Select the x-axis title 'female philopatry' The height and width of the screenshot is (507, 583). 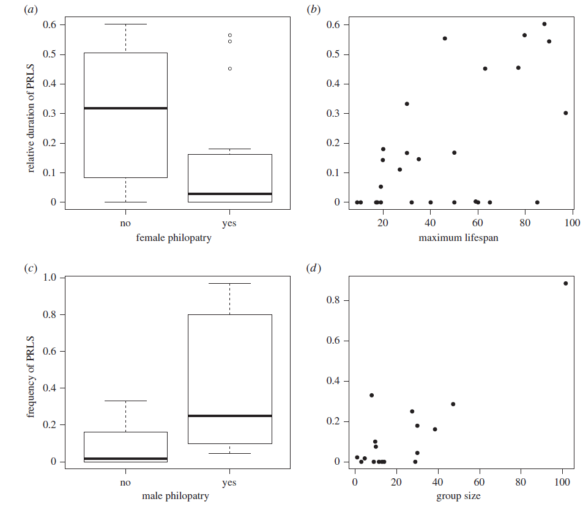point(174,238)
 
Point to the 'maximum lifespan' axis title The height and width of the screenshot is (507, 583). point(458,238)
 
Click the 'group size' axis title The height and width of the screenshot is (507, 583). point(458,496)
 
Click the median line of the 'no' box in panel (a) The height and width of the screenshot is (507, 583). point(125,108)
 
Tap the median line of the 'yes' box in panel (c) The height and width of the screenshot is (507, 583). point(229,416)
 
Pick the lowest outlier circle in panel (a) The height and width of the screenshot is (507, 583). point(230,68)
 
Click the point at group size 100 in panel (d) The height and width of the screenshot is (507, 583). point(565,283)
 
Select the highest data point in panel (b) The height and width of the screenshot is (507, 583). point(544,24)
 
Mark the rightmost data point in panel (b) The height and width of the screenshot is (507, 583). point(565,113)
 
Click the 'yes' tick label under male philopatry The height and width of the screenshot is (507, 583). point(229,482)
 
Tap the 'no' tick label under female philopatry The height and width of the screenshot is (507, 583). point(125,223)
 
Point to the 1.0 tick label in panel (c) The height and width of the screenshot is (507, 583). point(51,278)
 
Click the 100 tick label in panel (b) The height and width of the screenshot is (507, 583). point(572,223)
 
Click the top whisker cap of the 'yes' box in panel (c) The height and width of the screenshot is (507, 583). point(229,283)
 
